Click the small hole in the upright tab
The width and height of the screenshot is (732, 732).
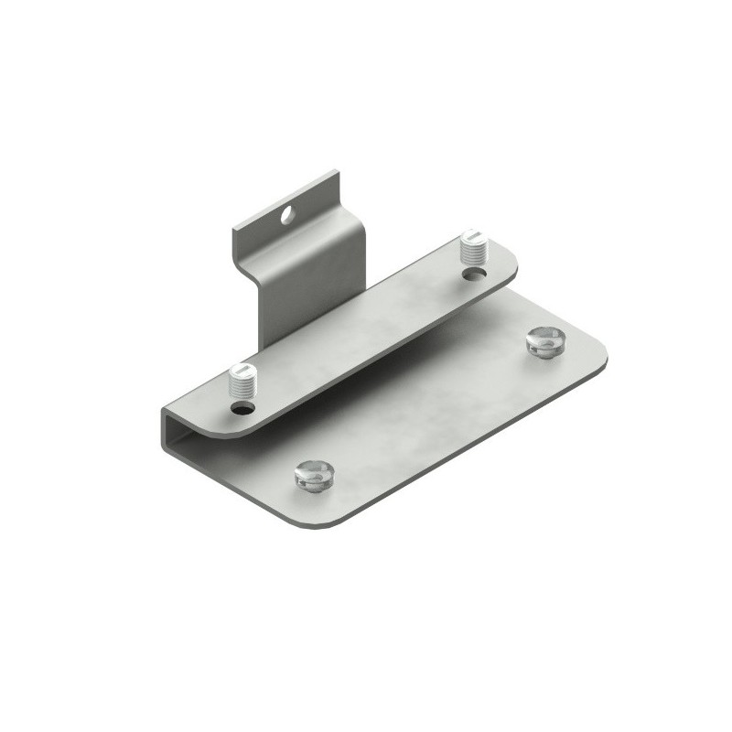287,217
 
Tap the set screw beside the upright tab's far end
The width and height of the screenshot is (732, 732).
476,248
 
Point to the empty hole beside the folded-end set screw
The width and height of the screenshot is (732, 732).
242,409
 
